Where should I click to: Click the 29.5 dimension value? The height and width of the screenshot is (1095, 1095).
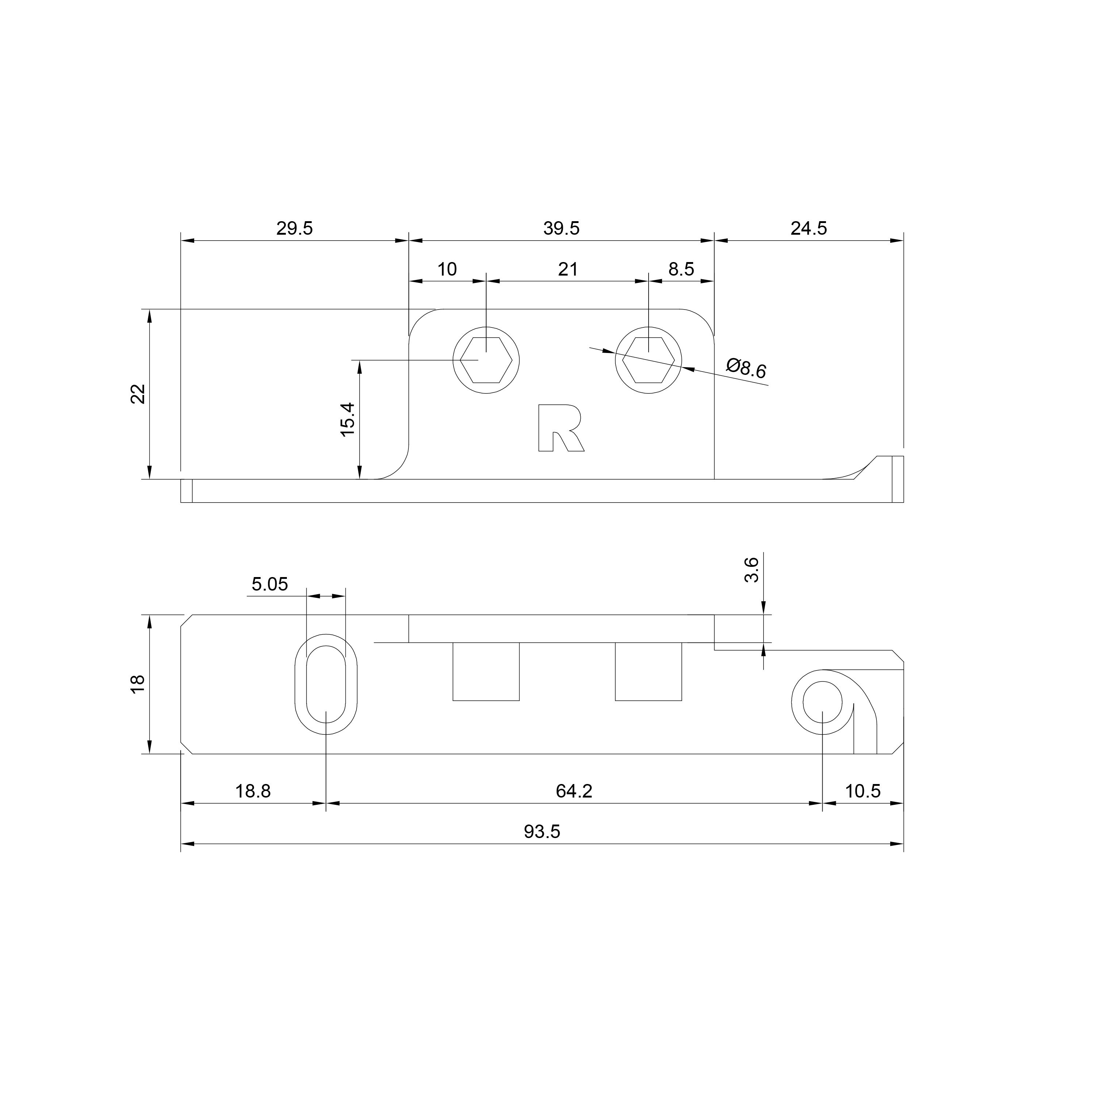(x=294, y=228)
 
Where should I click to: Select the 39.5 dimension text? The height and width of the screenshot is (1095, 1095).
(x=561, y=228)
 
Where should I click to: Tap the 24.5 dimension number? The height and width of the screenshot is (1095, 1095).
(x=809, y=228)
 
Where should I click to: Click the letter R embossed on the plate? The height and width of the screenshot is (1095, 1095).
(x=560, y=429)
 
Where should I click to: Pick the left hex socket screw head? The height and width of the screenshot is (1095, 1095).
(x=486, y=361)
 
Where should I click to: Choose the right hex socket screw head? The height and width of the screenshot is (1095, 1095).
(x=648, y=361)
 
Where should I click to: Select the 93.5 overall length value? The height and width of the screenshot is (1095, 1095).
(x=542, y=831)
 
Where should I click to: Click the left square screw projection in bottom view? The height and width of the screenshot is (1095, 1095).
(x=486, y=671)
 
